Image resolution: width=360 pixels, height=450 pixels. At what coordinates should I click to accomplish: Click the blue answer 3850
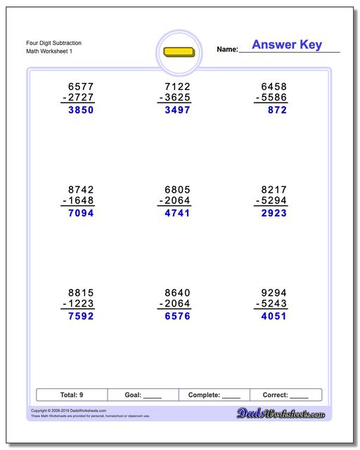pos(79,110)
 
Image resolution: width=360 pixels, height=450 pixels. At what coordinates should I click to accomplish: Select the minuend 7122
pos(174,87)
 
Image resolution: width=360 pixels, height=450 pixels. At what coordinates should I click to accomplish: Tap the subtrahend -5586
pos(270,98)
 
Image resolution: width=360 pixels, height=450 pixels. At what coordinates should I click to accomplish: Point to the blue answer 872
pos(276,110)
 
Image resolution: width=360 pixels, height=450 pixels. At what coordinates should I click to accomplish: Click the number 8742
pos(79,190)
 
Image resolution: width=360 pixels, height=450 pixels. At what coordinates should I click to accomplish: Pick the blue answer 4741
pos(174,213)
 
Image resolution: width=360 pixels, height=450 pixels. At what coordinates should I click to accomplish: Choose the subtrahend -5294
pos(270,201)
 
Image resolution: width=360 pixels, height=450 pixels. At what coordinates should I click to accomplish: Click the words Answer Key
pos(287,45)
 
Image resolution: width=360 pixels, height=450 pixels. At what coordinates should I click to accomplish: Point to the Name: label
pos(227,49)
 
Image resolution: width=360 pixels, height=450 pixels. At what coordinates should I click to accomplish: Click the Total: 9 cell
pos(72,395)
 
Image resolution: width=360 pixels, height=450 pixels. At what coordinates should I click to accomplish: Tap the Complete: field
pos(214,395)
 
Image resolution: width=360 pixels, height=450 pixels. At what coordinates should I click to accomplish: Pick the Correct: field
pos(285,395)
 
